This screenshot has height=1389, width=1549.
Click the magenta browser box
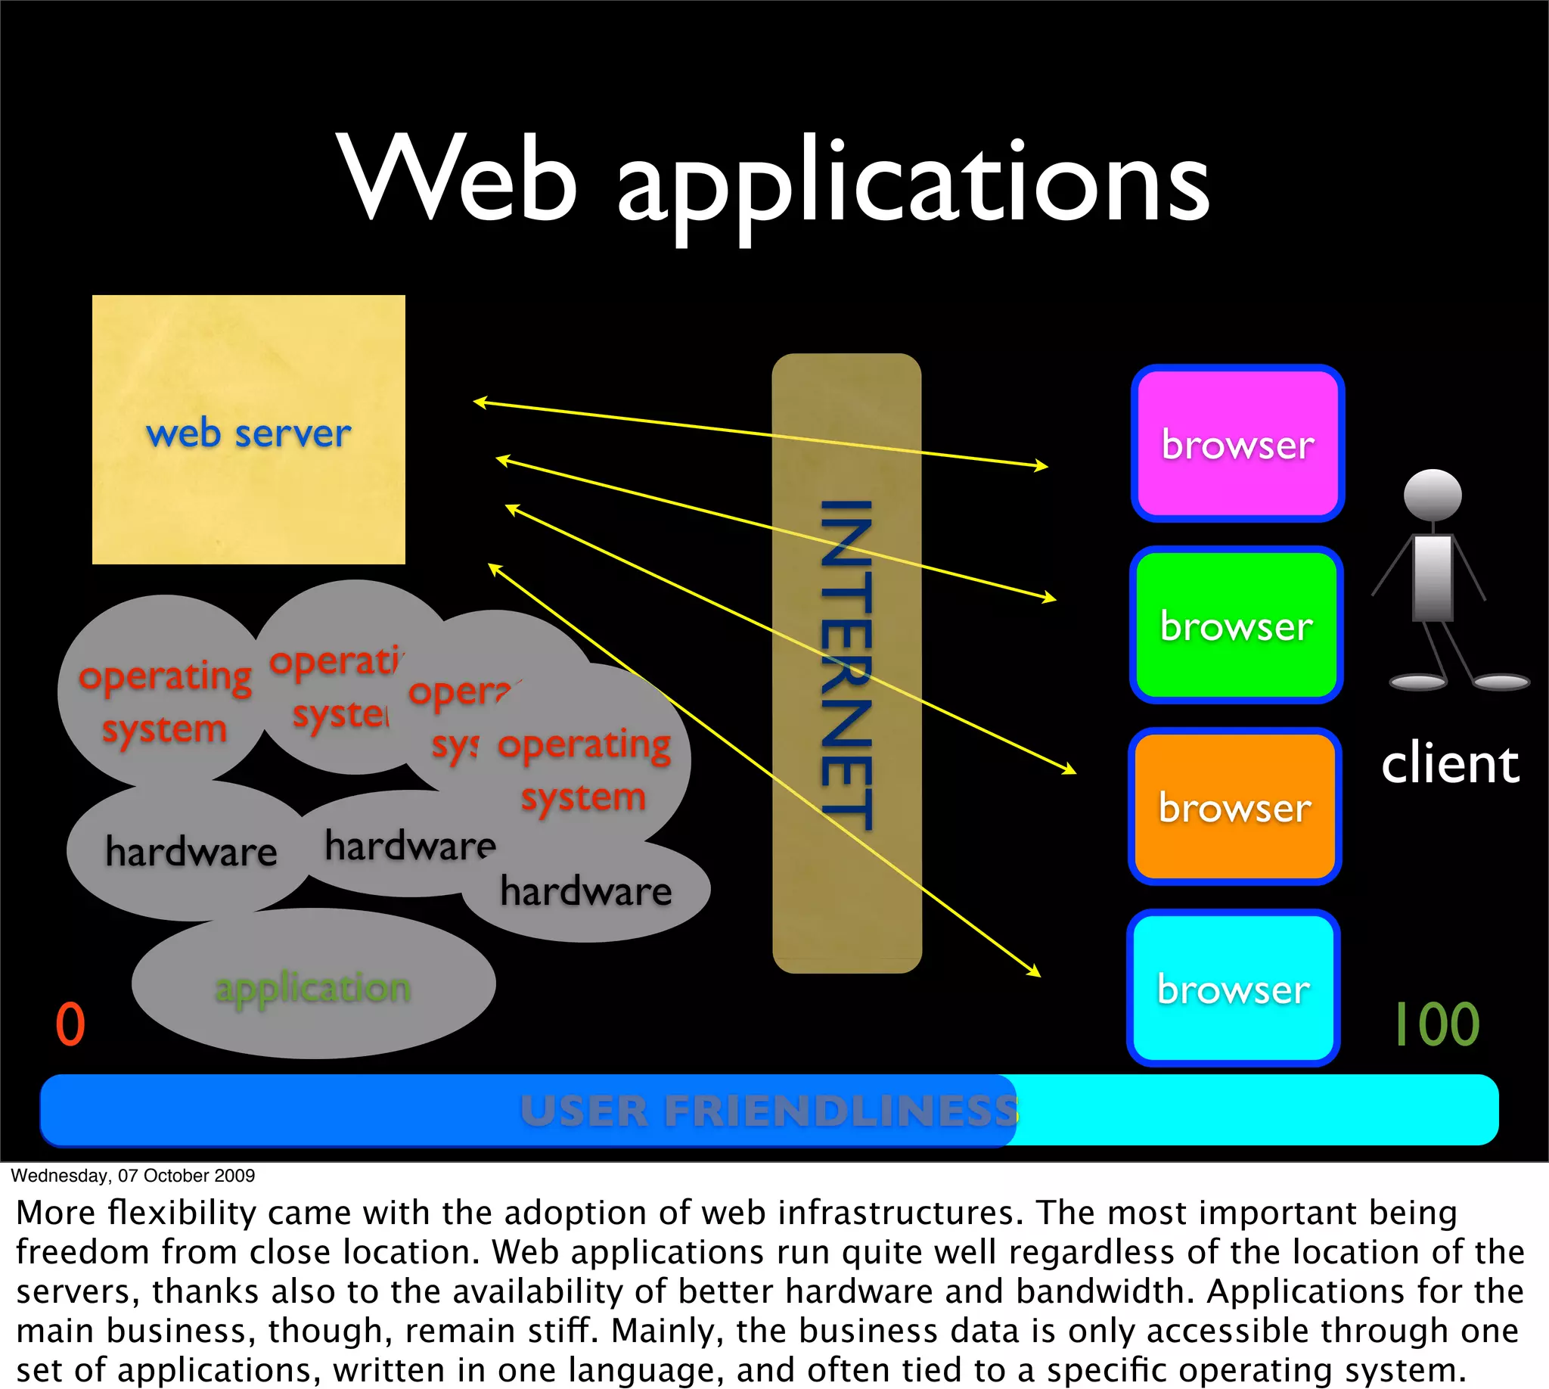(x=1237, y=444)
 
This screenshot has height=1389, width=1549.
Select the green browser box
(x=1236, y=625)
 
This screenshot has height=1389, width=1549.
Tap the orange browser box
(x=1234, y=806)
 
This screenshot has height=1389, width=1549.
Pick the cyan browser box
(x=1233, y=988)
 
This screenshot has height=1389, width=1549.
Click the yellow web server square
(x=249, y=430)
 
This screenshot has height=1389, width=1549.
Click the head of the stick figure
(x=1433, y=495)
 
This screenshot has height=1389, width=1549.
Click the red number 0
(x=70, y=1024)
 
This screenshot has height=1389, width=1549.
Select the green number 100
(x=1437, y=1024)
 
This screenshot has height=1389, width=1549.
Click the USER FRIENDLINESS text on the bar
(x=768, y=1111)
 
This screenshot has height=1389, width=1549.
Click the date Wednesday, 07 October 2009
(x=133, y=1176)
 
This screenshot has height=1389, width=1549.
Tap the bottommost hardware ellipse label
(x=586, y=891)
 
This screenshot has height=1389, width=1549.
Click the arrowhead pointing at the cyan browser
(x=1035, y=971)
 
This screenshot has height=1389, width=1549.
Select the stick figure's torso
(x=1433, y=576)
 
